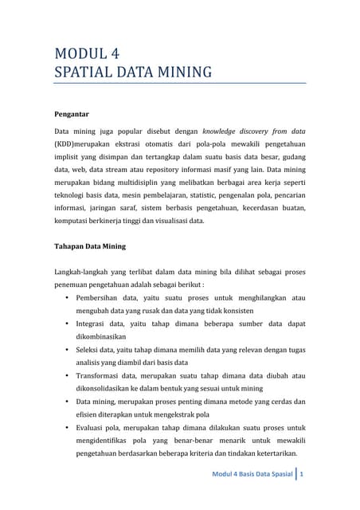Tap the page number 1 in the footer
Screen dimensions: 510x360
point(302,476)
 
